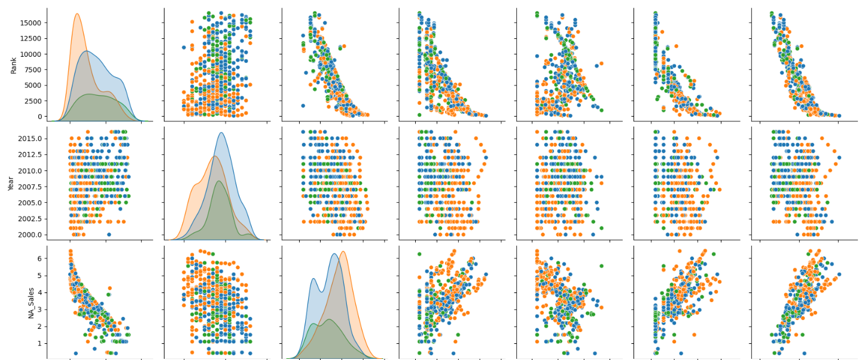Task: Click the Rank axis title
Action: [x=13, y=65]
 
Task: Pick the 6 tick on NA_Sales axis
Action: [x=39, y=258]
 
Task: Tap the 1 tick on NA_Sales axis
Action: [x=39, y=343]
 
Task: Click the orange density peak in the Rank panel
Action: [x=77, y=14]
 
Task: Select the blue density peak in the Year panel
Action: [x=221, y=133]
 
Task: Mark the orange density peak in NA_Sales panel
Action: [x=343, y=251]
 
